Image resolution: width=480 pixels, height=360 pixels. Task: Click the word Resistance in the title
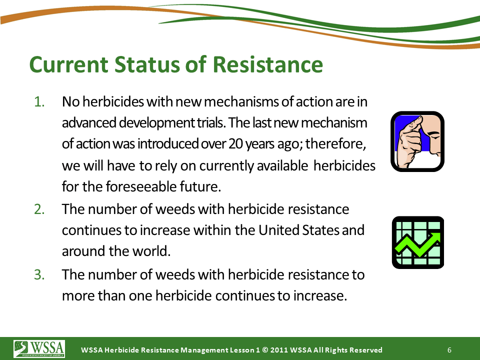(x=267, y=64)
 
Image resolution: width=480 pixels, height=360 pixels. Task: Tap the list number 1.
(x=39, y=101)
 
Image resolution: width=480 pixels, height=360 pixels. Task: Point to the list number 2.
(x=39, y=209)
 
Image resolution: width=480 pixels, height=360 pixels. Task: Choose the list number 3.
(x=39, y=274)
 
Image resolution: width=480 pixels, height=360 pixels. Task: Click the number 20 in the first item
(x=235, y=143)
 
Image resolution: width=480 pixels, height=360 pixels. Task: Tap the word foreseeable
(x=141, y=186)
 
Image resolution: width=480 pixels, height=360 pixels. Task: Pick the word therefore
(x=335, y=143)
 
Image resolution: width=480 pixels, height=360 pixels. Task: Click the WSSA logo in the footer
(x=39, y=348)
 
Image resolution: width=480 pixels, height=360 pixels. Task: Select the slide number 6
(x=449, y=350)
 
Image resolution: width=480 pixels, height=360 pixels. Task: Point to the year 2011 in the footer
(x=279, y=350)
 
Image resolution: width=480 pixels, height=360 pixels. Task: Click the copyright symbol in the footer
(x=265, y=350)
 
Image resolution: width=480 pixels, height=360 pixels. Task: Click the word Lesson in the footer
(x=239, y=350)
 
